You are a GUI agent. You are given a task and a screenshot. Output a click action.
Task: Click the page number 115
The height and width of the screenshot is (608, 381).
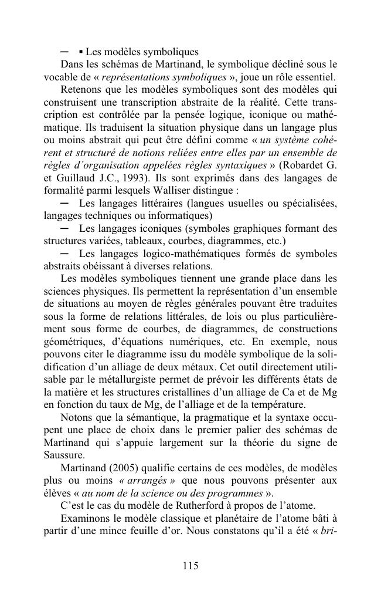point(190,566)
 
